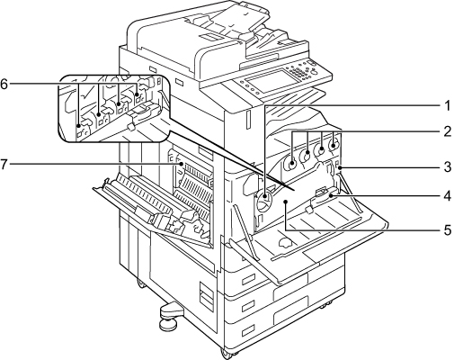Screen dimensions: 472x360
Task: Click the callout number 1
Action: pos(448,105)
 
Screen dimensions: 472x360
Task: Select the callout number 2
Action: pos(448,131)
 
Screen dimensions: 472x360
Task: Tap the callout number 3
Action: pos(448,166)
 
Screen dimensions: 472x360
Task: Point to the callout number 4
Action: pos(448,196)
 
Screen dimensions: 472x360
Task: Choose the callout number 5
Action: pos(448,230)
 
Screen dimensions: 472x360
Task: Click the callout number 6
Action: pos(4,84)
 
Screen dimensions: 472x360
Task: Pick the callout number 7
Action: pos(4,165)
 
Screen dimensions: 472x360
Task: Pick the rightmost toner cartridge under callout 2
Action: pos(333,145)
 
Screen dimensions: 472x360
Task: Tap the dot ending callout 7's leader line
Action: pos(182,164)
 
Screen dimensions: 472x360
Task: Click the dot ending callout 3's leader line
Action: pos(340,166)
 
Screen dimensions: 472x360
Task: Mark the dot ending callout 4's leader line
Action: pos(331,196)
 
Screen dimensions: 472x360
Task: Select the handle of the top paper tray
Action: pos(249,281)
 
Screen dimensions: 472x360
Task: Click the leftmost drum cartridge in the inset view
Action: pos(80,127)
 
